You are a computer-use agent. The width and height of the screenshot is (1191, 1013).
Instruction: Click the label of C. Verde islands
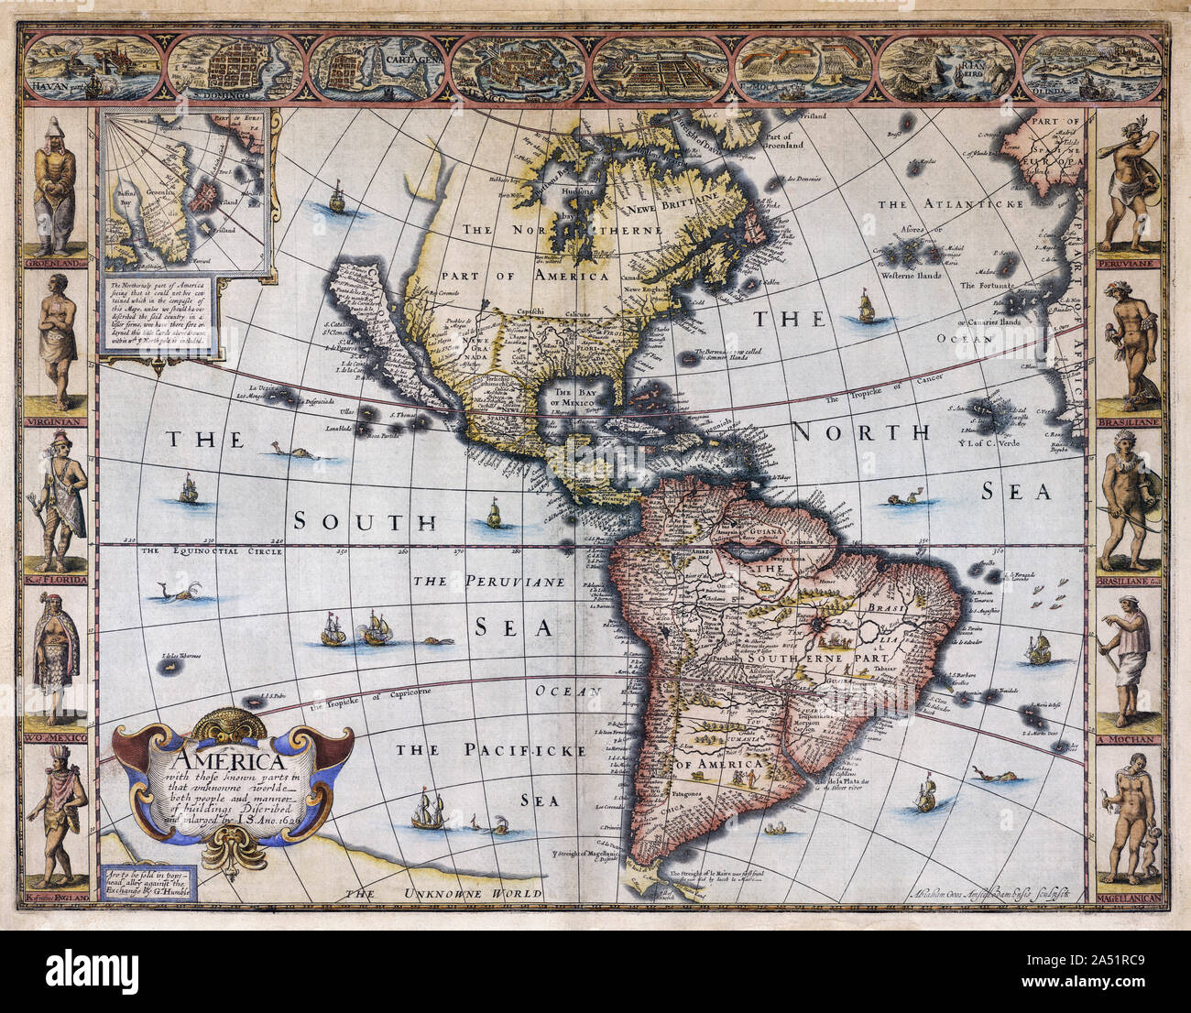tap(1006, 446)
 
